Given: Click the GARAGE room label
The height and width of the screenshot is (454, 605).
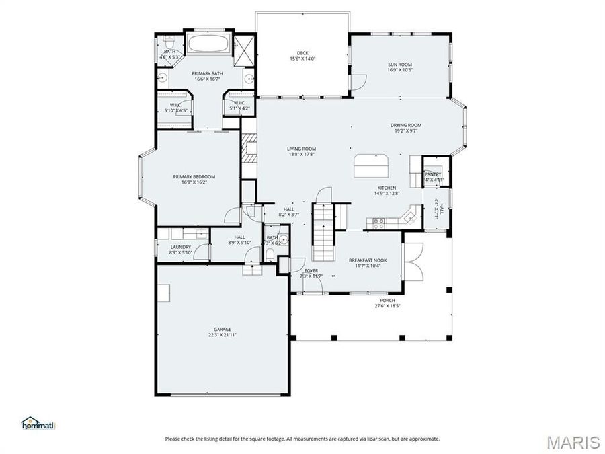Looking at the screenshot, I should [222, 329].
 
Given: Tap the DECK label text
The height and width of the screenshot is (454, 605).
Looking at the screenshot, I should [302, 53].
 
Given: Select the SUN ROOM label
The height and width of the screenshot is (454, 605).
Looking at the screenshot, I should [399, 64].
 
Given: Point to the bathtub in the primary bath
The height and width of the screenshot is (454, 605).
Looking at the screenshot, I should [208, 45].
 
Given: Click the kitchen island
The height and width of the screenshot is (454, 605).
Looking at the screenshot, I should [371, 163].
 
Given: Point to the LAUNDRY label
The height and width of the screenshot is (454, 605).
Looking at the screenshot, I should [181, 247].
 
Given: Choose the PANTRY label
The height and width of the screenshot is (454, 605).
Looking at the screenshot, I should [432, 174].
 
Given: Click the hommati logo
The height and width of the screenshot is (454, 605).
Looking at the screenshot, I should [38, 423].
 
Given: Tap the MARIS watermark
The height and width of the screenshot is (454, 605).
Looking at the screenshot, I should [573, 441].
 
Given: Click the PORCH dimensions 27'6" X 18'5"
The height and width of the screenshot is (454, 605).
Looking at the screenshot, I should [387, 306].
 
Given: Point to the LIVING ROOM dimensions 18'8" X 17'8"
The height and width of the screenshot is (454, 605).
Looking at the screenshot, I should [301, 154].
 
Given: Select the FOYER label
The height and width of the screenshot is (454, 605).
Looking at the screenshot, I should [311, 270].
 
